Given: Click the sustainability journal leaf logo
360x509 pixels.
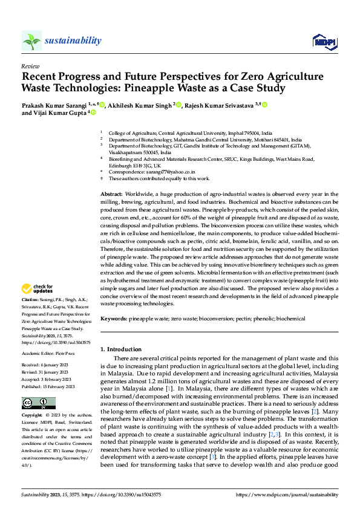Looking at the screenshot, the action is click(x=31, y=41).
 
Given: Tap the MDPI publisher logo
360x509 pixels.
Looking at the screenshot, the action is click(x=323, y=41).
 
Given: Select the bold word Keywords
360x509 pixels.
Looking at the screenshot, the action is click(x=113, y=317).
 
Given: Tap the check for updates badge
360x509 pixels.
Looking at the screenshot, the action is click(x=38, y=289).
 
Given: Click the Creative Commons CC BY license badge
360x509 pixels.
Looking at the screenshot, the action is click(x=38, y=403).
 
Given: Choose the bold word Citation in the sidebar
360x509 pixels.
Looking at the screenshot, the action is click(x=30, y=300).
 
